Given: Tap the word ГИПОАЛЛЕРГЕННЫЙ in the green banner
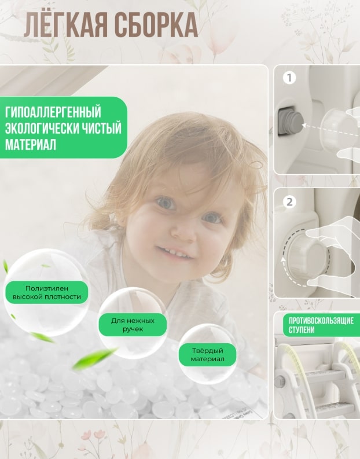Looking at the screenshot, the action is [x=53, y=112].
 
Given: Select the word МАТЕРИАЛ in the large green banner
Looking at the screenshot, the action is [x=31, y=145].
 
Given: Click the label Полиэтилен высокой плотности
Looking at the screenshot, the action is [x=47, y=292].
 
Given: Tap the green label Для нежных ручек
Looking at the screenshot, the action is [x=133, y=325].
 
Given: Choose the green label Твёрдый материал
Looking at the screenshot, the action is [x=208, y=355].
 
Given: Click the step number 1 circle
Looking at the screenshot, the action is [x=289, y=78].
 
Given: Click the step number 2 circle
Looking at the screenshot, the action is [x=289, y=202].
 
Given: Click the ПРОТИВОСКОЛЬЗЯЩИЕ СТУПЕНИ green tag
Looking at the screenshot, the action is [x=321, y=325].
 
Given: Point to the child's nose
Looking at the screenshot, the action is [x=182, y=230].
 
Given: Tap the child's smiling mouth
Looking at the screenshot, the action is [x=175, y=252].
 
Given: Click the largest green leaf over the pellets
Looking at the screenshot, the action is [x=94, y=358].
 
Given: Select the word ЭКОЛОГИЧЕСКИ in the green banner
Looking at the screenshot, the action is [x=41, y=129].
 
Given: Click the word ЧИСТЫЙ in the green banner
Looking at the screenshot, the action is [x=101, y=129].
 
